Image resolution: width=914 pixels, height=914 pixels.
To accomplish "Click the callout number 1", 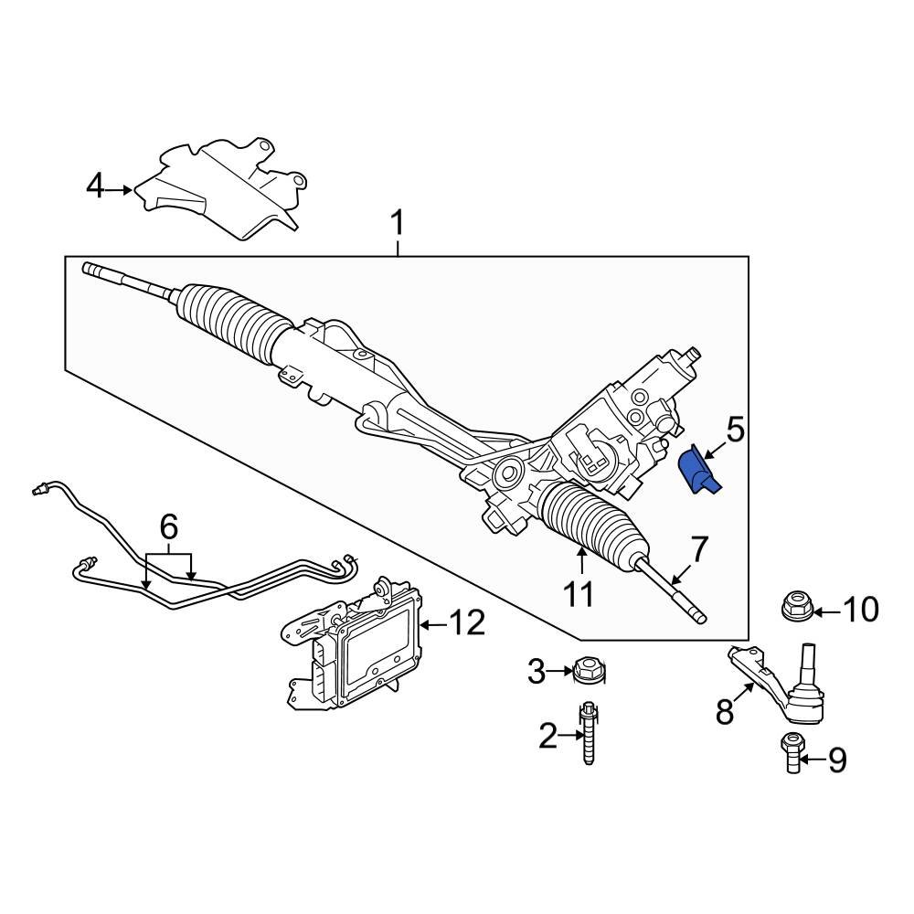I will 398,222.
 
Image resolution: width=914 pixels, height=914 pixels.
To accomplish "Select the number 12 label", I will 466,624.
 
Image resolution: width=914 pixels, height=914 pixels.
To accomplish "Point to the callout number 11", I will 579,595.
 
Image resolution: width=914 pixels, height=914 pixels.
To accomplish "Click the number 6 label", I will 168,526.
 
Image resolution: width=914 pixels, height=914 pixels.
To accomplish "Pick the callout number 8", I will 725,712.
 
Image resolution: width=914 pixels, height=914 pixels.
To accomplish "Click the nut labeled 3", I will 588,673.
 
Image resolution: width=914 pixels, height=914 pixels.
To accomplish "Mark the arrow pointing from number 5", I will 716,447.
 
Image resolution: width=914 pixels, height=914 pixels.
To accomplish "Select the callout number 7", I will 698,549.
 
